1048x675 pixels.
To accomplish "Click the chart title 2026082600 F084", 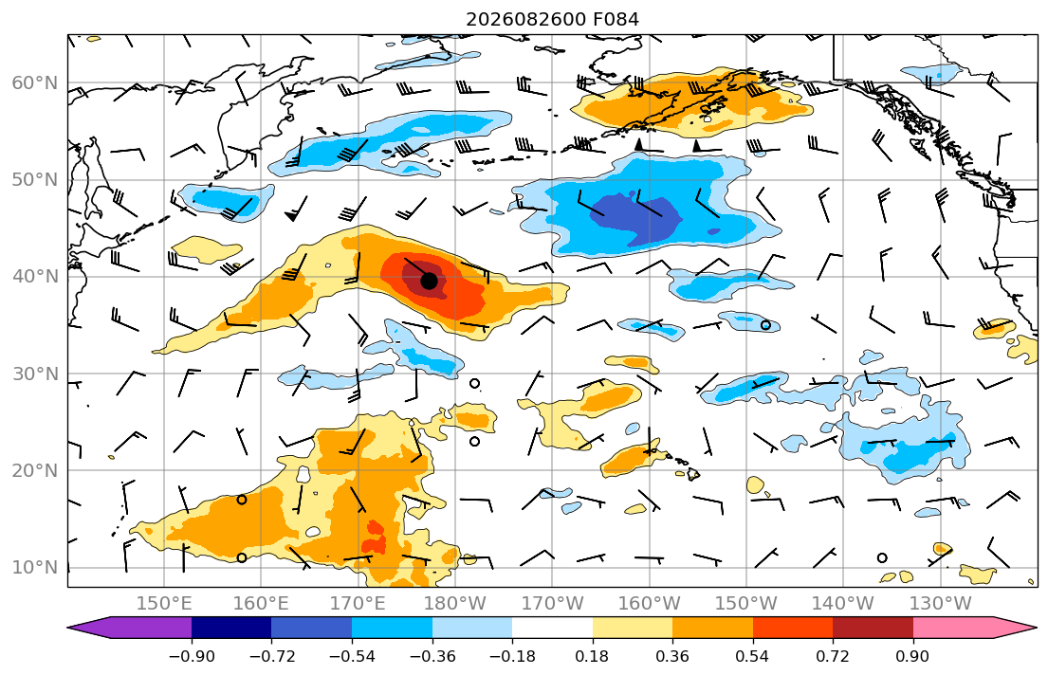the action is pos(552,19).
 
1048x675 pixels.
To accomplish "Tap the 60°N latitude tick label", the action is pos(35,82).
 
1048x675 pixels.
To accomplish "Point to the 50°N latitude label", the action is pos(35,180).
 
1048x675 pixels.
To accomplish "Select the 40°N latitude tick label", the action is pos(35,277).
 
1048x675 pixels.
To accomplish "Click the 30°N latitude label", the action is pos(35,374).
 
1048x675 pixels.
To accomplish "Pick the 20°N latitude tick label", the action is pos(35,470).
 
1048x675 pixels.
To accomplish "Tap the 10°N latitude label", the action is pos(35,568).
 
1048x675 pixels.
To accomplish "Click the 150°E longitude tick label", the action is pos(164,604).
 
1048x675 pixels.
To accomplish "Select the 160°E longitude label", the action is pos(262,604).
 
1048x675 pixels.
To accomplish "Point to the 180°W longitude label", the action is pos(456,604).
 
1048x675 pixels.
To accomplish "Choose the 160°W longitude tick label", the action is pos(650,604).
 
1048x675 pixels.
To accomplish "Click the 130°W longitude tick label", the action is pos(941,604).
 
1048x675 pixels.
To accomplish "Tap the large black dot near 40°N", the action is pos(429,281).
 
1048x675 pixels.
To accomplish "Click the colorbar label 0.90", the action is pos(913,656).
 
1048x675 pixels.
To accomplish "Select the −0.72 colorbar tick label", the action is pos(271,656).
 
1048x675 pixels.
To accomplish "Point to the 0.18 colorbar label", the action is pos(592,656).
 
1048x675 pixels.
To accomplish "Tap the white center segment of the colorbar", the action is pos(552,628).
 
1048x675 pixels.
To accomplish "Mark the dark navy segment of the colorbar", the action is pos(231,628).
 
